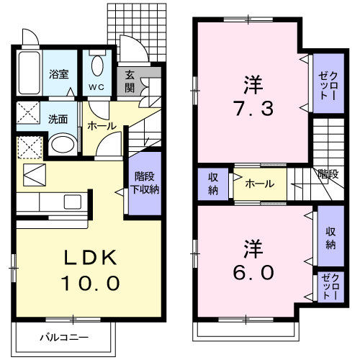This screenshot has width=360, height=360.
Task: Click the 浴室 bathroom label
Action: tap(58, 73)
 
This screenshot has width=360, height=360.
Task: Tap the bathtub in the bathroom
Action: tap(30, 73)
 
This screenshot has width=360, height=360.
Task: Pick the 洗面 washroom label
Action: tap(58, 120)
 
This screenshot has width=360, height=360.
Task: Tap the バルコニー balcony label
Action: tap(63, 337)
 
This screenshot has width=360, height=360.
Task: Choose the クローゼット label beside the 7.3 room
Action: tap(328, 81)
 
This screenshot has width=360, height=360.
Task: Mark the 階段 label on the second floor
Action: tap(328, 174)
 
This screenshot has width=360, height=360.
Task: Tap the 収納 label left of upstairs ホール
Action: tap(214, 184)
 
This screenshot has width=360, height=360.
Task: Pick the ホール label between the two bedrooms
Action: tap(259, 184)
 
